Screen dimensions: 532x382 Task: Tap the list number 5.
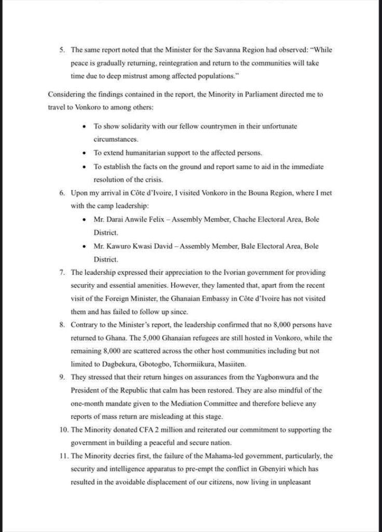click(x=61, y=50)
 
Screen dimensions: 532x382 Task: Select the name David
click(x=162, y=246)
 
